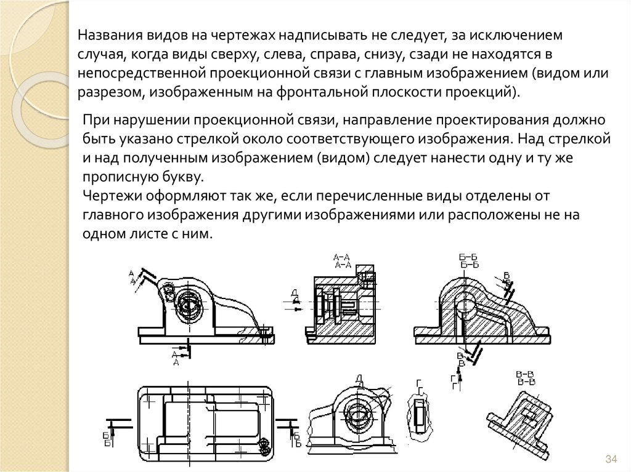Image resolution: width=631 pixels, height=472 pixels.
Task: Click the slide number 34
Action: click(611, 459)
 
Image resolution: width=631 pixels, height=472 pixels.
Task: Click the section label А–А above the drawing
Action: click(342, 261)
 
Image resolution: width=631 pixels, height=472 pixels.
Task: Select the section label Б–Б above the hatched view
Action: click(470, 260)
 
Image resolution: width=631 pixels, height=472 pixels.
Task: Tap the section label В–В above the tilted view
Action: click(527, 378)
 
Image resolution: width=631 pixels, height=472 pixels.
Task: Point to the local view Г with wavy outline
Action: click(419, 413)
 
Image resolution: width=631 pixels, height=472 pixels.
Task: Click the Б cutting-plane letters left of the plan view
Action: click(107, 439)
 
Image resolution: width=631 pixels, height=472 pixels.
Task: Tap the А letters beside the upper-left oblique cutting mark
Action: click(132, 276)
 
